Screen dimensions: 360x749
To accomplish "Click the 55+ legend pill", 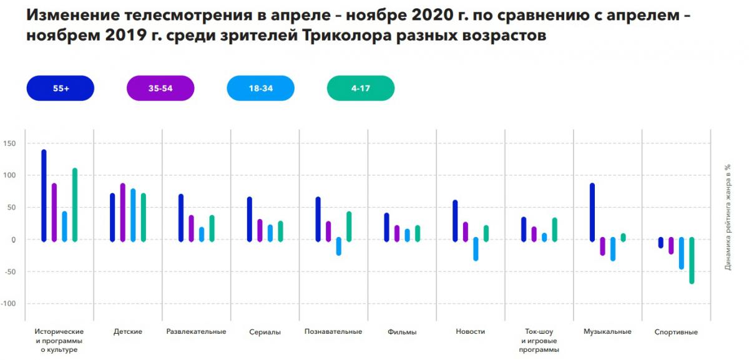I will pos(61,89).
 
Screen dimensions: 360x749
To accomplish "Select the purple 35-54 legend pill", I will pos(160,89).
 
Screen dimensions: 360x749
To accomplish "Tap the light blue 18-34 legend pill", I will pos(261,89).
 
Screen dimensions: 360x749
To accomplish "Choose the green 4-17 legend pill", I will pos(361,89).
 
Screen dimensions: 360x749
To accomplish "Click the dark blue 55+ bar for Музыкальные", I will pos(592,212).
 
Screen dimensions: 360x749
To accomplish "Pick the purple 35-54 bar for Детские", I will pos(123,212).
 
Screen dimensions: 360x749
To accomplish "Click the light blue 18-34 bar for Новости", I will pos(476,249).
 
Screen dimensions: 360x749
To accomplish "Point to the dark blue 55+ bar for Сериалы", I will pos(250,219).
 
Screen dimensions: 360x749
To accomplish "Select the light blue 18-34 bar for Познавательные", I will pos(338,246).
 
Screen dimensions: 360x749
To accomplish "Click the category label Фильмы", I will pos(402,332).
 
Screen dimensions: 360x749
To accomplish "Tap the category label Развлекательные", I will pos(196,331).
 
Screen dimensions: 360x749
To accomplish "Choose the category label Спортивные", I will pos(676,332).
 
